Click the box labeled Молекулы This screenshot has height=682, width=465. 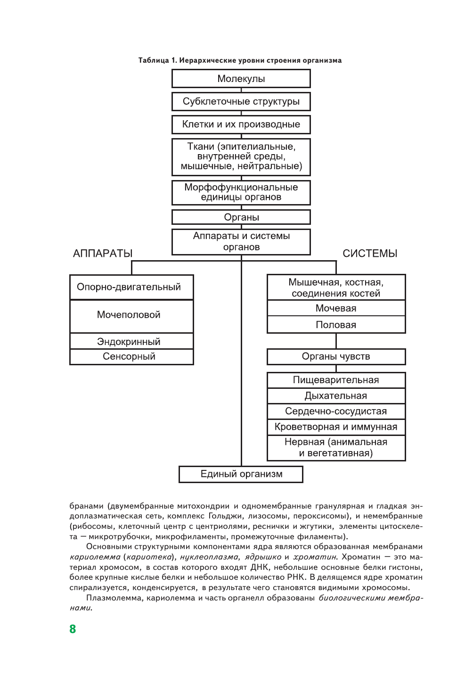[241, 79]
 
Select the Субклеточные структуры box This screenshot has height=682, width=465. [241, 101]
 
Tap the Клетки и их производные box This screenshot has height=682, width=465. [241, 124]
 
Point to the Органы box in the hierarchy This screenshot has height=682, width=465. [241, 217]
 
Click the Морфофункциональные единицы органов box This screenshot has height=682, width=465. [241, 192]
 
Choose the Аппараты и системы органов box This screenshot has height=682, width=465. [241, 241]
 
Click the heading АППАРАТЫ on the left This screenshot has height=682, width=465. [103, 254]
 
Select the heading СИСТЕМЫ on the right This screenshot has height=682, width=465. [370, 254]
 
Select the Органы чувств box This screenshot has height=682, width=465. [336, 356]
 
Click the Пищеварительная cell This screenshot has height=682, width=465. [336, 380]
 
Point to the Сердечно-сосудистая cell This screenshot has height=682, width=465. [336, 411]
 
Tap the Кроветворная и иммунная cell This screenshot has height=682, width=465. [336, 427]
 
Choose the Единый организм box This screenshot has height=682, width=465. [241, 474]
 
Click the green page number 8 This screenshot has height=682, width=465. [73, 629]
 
